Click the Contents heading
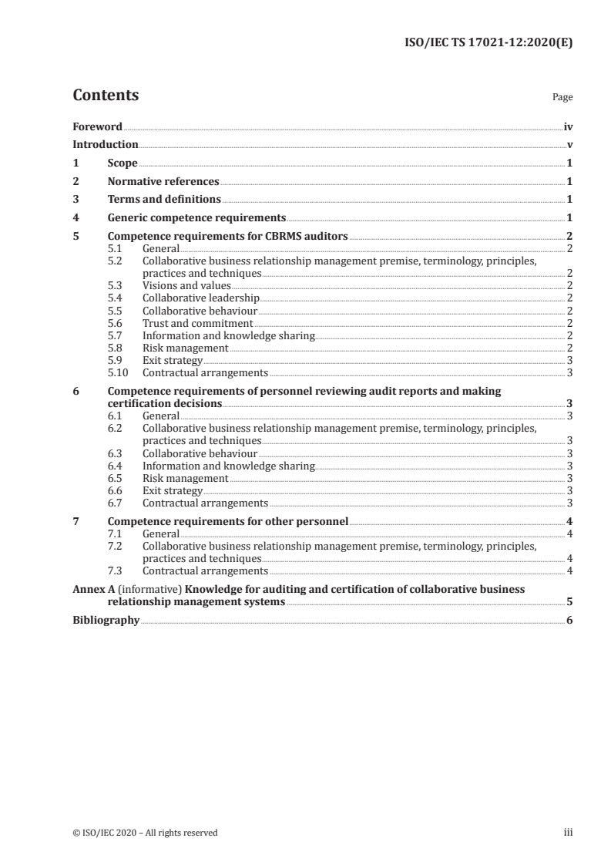106,96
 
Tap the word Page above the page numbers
562,98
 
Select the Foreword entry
97,126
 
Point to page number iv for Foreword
568,126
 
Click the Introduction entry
106,144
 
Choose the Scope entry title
123,163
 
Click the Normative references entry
163,182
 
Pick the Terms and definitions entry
159,200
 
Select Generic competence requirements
197,218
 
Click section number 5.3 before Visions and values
115,285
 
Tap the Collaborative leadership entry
201,298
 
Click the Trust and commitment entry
198,323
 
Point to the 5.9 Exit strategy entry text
173,360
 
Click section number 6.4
115,466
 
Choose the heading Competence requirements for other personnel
229,521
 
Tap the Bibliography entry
106,620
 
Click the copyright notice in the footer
145,832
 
